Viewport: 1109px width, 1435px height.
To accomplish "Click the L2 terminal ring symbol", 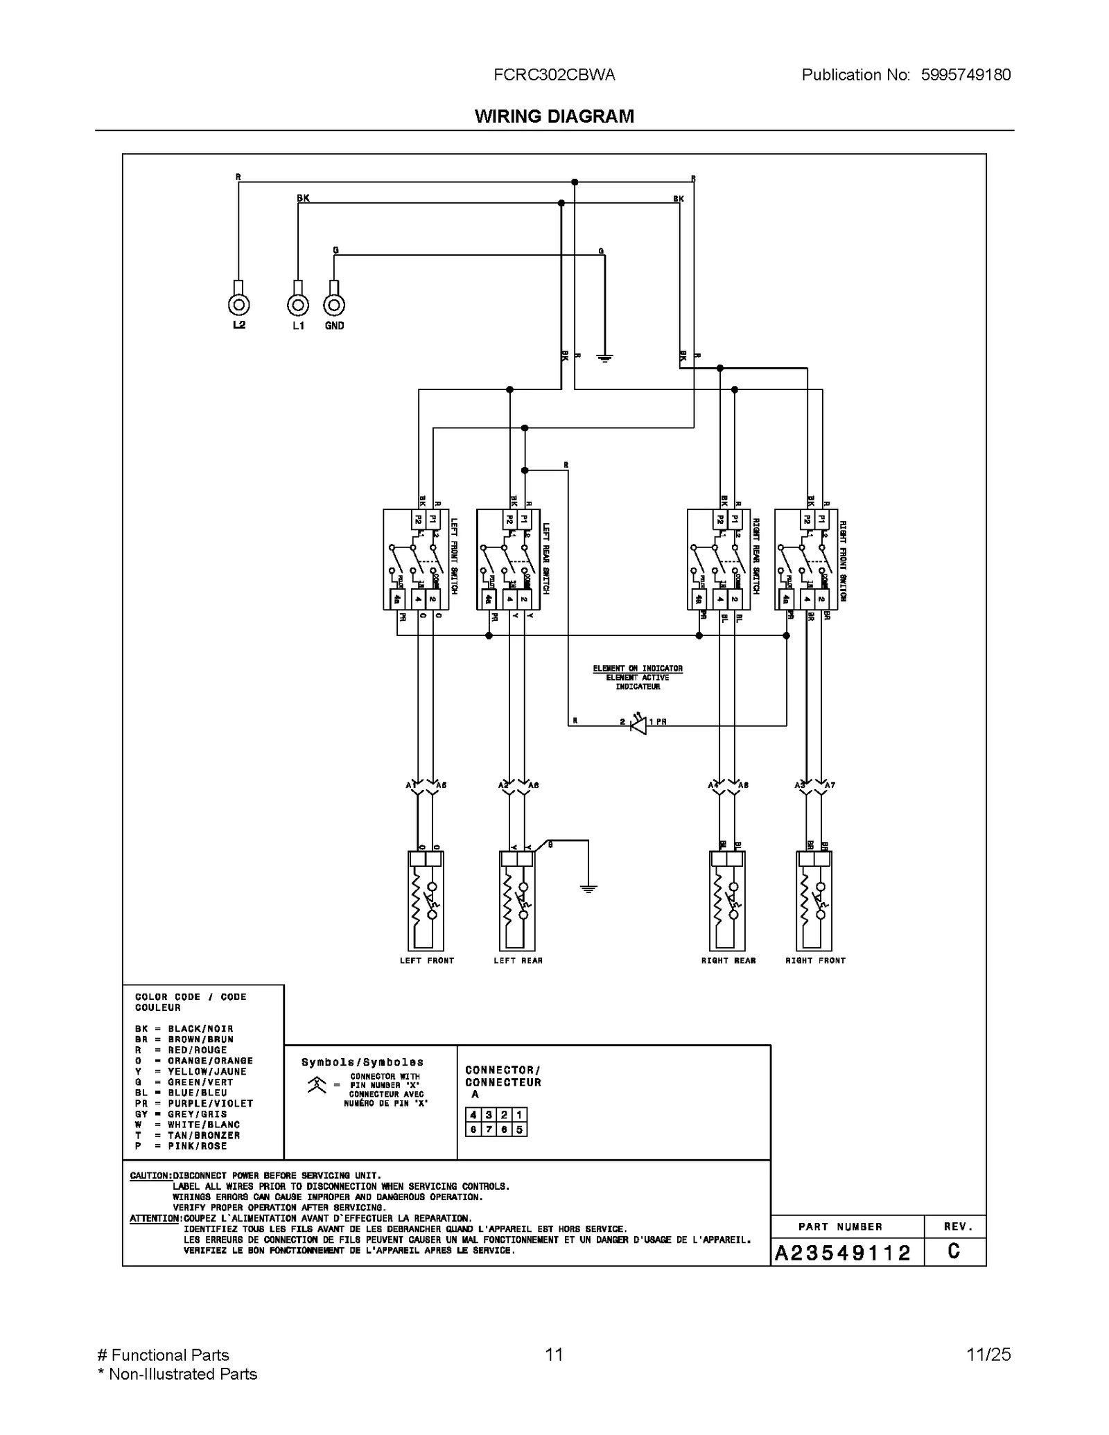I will pyautogui.click(x=238, y=305).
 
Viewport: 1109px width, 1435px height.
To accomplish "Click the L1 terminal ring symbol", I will pyautogui.click(x=298, y=305).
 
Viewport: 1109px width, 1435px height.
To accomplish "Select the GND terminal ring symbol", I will pyautogui.click(x=334, y=305).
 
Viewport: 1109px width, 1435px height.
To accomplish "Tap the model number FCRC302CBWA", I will pyautogui.click(x=554, y=75).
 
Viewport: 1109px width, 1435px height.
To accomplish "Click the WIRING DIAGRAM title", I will pyautogui.click(x=554, y=116).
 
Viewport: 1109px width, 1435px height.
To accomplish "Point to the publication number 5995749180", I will pyautogui.click(x=966, y=75).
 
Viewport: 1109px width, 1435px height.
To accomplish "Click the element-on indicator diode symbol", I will pyautogui.click(x=638, y=725).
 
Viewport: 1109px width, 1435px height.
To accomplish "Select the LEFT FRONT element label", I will pyautogui.click(x=426, y=960).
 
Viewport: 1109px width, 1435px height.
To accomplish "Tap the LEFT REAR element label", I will pyautogui.click(x=518, y=960).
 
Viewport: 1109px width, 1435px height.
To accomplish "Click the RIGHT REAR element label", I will pyautogui.click(x=728, y=960).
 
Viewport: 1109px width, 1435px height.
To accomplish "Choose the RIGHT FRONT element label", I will pyautogui.click(x=815, y=960).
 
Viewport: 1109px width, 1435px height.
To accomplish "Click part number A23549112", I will pyautogui.click(x=842, y=1253).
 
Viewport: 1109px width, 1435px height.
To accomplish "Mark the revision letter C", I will pyautogui.click(x=954, y=1251).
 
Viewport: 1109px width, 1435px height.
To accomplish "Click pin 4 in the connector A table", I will pyautogui.click(x=473, y=1115).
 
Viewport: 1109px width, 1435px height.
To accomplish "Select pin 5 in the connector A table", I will pyautogui.click(x=520, y=1129).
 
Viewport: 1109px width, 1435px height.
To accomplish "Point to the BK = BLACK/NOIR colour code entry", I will pyautogui.click(x=184, y=1029).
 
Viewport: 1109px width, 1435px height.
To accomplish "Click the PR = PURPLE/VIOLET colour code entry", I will pyautogui.click(x=194, y=1104).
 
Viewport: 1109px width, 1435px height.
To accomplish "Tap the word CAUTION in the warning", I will pyautogui.click(x=150, y=1176).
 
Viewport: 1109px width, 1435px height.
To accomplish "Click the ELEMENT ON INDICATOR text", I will pyautogui.click(x=638, y=669).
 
